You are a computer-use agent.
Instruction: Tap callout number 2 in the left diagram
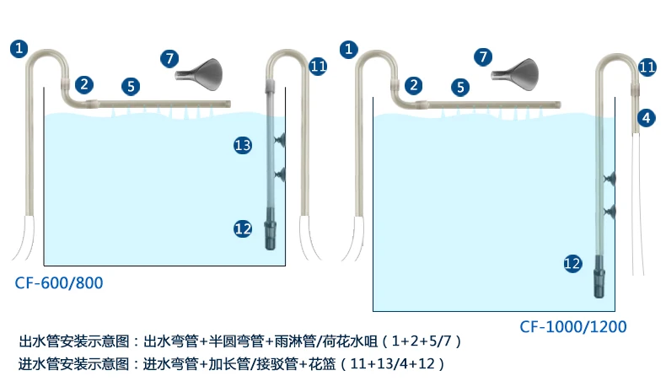(x=84, y=83)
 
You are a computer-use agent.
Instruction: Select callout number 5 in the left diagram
(x=130, y=85)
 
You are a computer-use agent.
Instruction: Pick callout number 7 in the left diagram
(x=169, y=58)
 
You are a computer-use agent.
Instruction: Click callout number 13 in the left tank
(x=243, y=146)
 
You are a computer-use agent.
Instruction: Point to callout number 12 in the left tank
(x=243, y=228)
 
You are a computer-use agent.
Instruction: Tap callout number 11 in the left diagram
(x=318, y=66)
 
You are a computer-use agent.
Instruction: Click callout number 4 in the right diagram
(x=646, y=117)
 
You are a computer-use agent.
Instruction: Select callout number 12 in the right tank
(x=573, y=263)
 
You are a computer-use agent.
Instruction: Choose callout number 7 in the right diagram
(x=482, y=57)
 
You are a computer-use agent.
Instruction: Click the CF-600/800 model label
(x=59, y=282)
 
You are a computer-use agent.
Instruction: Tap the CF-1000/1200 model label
(x=572, y=326)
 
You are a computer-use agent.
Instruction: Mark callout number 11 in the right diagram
(x=647, y=67)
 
